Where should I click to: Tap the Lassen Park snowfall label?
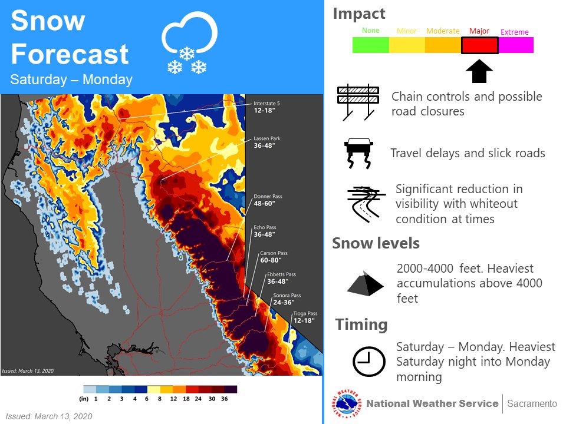267,142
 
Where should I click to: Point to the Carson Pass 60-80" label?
274,256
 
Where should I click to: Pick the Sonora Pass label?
287,299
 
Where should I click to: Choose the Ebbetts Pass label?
281,278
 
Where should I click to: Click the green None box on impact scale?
371,45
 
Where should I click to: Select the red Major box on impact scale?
480,45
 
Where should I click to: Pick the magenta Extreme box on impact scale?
516,45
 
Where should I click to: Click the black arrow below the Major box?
479,71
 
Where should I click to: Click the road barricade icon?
358,102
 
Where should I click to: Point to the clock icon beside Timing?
369,361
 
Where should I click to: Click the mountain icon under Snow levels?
365,283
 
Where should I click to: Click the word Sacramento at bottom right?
532,404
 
